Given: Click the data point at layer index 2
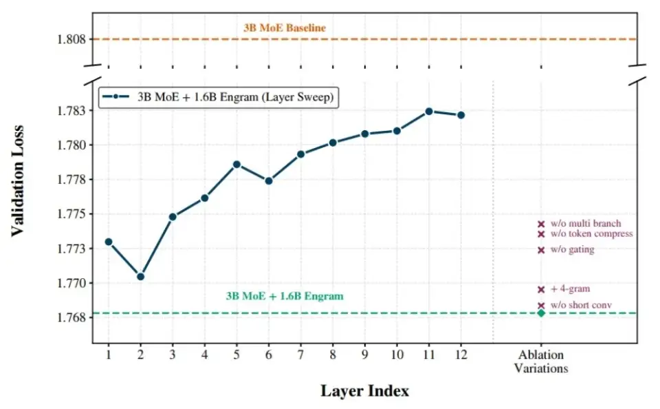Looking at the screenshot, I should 140,276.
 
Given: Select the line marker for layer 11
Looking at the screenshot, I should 429,111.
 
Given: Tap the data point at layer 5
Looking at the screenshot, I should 236,165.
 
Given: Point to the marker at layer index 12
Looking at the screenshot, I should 461,115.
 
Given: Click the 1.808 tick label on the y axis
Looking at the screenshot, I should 71,39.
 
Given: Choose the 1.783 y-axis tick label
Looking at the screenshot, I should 71,111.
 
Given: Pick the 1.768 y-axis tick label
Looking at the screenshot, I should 71,317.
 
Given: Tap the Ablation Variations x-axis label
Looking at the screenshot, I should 541,361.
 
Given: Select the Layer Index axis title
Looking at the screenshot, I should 364,391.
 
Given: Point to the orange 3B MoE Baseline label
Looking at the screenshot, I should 284,28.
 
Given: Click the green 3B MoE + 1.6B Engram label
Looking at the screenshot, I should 284,296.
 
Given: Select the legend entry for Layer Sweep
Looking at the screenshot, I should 219,97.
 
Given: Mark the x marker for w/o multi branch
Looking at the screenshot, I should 541,224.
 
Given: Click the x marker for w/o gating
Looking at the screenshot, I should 541,250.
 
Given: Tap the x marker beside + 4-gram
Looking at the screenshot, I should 541,289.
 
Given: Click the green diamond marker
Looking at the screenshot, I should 541,313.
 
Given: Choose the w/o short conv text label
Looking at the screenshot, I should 581,305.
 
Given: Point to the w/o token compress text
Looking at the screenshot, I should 591,234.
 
